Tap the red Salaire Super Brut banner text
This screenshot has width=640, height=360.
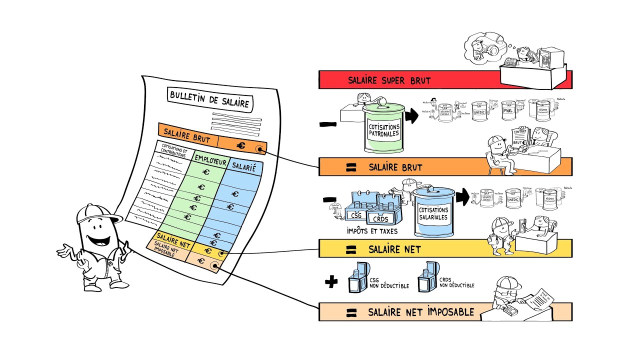pyautogui.click(x=389, y=80)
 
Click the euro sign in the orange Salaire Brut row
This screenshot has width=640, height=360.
pyautogui.click(x=241, y=145)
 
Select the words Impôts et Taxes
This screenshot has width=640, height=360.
pyautogui.click(x=372, y=231)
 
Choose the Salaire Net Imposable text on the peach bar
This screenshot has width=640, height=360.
pyautogui.click(x=421, y=312)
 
